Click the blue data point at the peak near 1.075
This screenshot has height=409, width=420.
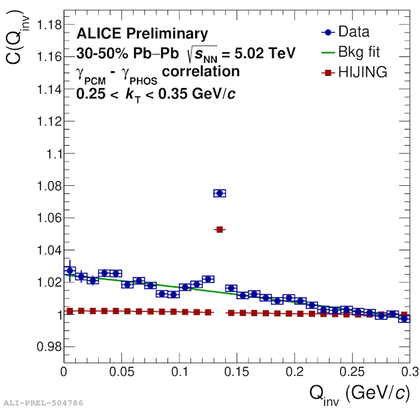[219, 193]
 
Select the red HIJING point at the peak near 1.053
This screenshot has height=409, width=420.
[219, 230]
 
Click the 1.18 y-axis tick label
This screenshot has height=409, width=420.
[43, 25]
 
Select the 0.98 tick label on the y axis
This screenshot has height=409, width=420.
[43, 347]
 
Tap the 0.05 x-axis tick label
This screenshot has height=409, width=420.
[121, 372]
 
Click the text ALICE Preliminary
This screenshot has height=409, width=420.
[142, 33]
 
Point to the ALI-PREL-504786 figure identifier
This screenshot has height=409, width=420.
[43, 403]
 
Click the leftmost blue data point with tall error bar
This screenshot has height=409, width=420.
[69, 270]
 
